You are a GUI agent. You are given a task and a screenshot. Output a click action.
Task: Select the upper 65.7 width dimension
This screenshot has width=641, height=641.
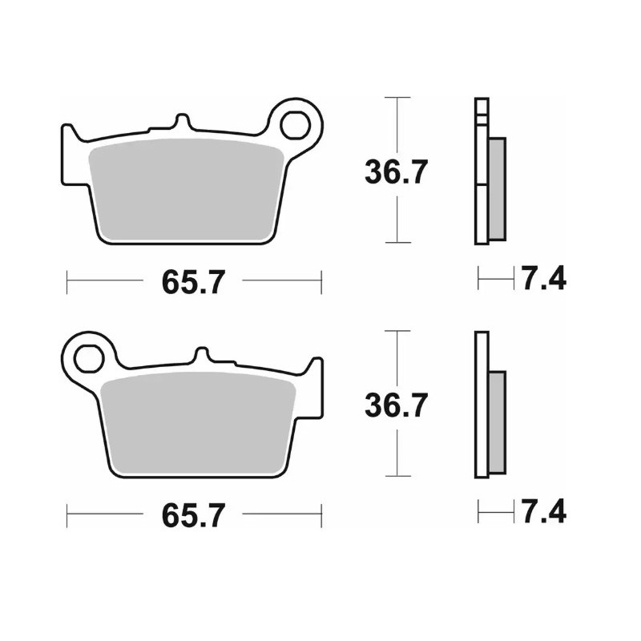coord(193,281)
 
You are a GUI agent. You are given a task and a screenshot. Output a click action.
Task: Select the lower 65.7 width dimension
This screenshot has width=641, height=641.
coord(193,515)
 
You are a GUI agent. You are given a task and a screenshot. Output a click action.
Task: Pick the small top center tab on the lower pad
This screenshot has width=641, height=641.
coord(204,356)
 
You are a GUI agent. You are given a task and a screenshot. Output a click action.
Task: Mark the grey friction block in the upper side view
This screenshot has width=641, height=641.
coord(498,187)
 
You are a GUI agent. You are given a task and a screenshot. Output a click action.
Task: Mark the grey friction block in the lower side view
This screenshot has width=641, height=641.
coord(498,421)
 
